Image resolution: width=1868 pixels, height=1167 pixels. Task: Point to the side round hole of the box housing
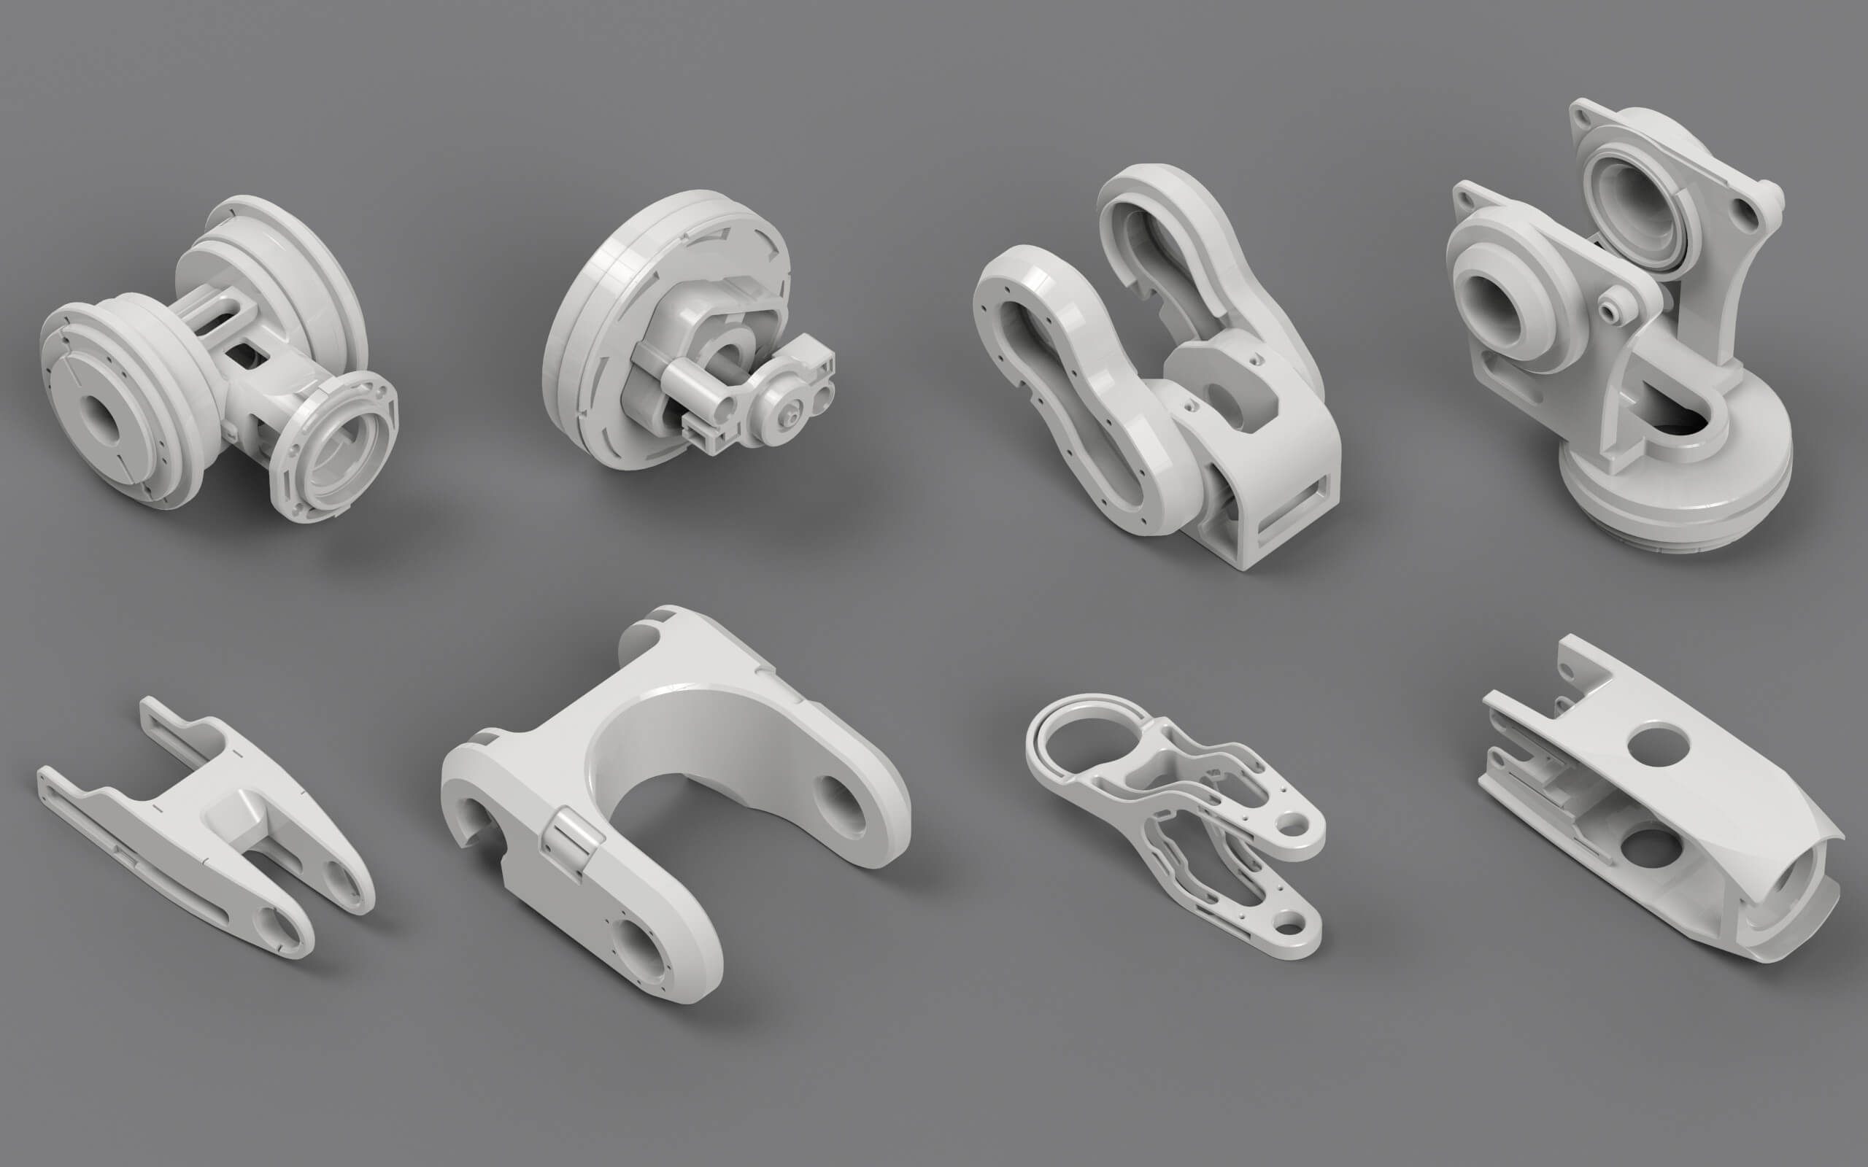(x=1650, y=849)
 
